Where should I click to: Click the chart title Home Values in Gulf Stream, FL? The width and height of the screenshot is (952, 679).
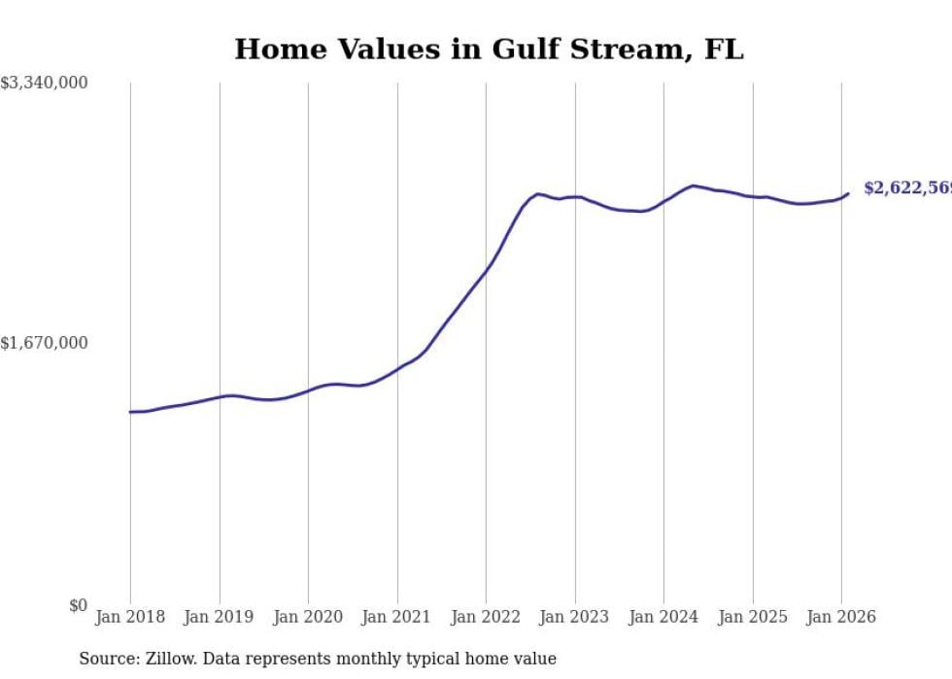coord(489,50)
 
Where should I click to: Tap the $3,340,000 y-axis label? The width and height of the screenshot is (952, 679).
coord(45,84)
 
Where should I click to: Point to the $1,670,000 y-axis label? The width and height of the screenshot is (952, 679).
coord(45,343)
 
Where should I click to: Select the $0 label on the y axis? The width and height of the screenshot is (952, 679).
coord(78,605)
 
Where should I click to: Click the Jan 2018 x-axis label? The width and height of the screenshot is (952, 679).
coord(130,618)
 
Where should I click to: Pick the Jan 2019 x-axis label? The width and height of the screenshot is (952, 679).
coord(220,618)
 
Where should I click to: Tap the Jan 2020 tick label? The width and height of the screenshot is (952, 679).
coord(308,618)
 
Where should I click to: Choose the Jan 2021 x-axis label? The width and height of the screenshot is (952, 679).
coord(397,618)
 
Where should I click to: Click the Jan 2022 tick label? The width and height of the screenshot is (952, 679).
coord(486,618)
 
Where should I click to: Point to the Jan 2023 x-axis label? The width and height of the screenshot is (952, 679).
coord(575,618)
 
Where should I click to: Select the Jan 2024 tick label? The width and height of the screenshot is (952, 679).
coord(663,618)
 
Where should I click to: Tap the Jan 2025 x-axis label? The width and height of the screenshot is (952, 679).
coord(753,618)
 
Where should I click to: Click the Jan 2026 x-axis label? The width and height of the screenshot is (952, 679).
coord(841,618)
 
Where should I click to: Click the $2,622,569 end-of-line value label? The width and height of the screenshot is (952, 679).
coord(907,188)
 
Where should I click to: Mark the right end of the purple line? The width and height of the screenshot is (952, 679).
coord(848,193)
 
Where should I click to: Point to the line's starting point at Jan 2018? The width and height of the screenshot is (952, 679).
coord(130,412)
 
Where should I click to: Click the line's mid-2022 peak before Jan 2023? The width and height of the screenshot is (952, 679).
coord(538,194)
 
